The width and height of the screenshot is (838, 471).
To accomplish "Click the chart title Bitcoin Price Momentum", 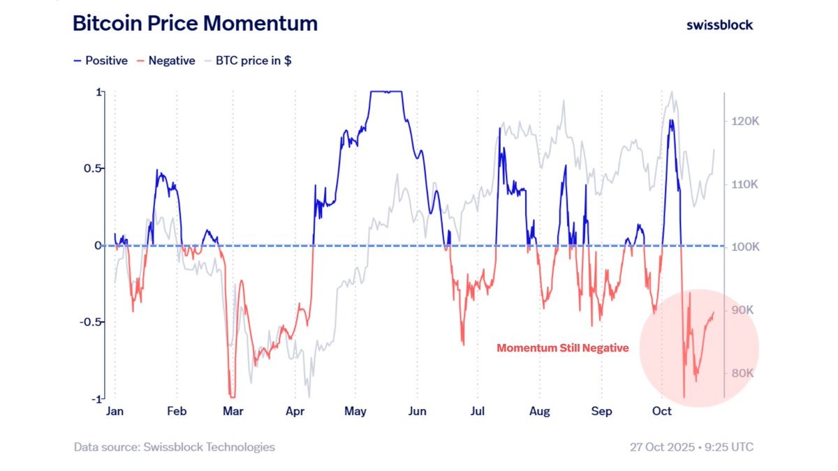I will (195, 24).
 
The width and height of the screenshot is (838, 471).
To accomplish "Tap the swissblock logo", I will (720, 24).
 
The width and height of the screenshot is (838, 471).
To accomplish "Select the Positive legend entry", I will (101, 61).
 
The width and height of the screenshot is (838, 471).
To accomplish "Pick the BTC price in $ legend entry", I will (247, 61).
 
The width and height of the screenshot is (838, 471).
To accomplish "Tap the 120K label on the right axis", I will (740, 121).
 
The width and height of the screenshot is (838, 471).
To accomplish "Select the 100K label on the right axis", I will (740, 247).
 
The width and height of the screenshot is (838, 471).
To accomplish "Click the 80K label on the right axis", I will (740, 373).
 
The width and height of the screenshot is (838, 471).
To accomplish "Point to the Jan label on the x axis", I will (115, 412).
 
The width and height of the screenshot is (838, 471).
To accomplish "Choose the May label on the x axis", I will (355, 412).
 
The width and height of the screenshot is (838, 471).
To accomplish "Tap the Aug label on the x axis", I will (539, 412).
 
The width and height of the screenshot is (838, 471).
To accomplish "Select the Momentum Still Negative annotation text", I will (563, 347).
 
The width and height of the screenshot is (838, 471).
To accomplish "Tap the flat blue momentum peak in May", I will (388, 91).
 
